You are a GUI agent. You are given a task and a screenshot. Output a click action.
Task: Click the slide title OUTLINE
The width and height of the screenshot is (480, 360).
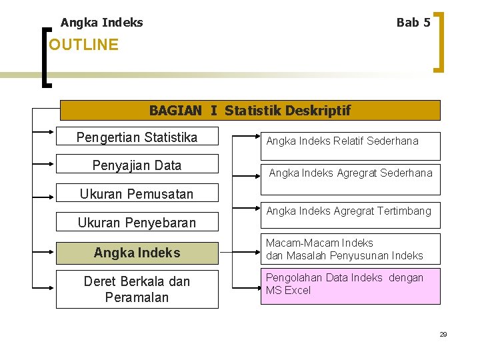pyautogui.click(x=83, y=45)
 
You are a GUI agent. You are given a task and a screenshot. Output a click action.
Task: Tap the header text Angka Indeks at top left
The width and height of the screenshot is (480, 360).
pyautogui.click(x=101, y=23)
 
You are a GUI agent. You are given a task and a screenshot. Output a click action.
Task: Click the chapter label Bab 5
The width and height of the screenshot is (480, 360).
pyautogui.click(x=413, y=23)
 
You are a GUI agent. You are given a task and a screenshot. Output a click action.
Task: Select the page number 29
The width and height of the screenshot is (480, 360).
pyautogui.click(x=443, y=334)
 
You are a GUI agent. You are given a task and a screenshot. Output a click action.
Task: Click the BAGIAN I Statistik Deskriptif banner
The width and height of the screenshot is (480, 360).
pyautogui.click(x=250, y=110)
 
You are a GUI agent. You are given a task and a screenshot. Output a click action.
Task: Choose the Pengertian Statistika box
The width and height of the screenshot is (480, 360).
pyautogui.click(x=137, y=137)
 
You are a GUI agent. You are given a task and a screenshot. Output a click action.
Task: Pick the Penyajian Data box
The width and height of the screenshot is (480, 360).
pyautogui.click(x=137, y=165)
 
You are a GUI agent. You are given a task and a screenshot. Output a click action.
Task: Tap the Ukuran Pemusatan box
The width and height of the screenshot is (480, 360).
pyautogui.click(x=137, y=194)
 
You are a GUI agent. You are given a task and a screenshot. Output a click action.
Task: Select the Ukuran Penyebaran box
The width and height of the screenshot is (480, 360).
pyautogui.click(x=137, y=223)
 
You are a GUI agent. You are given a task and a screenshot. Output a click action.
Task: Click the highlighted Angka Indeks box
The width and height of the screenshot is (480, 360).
pyautogui.click(x=137, y=253)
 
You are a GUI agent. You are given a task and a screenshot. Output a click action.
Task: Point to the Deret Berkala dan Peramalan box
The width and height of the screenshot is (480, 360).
pyautogui.click(x=137, y=289)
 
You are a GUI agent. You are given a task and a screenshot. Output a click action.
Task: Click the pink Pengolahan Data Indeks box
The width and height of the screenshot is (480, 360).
pyautogui.click(x=349, y=285)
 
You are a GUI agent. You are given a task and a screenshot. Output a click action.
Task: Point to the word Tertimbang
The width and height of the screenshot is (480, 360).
pyautogui.click(x=405, y=211)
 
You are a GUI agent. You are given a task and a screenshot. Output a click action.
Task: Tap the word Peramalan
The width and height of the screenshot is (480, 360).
pyautogui.click(x=137, y=297)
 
